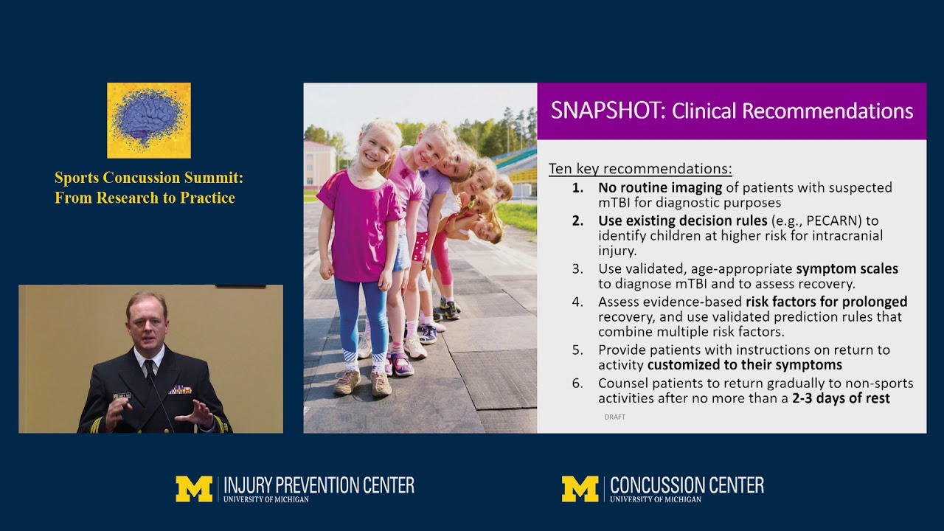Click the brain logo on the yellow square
click(148, 119)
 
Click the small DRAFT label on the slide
click(614, 417)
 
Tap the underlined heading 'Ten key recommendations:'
click(640, 168)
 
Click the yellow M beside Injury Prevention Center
click(193, 489)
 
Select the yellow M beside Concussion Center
click(580, 489)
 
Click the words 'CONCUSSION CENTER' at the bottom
click(687, 485)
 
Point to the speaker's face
click(147, 318)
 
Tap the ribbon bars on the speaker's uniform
click(180, 389)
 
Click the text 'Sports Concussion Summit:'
click(149, 178)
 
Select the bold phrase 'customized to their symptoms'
click(744, 365)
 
